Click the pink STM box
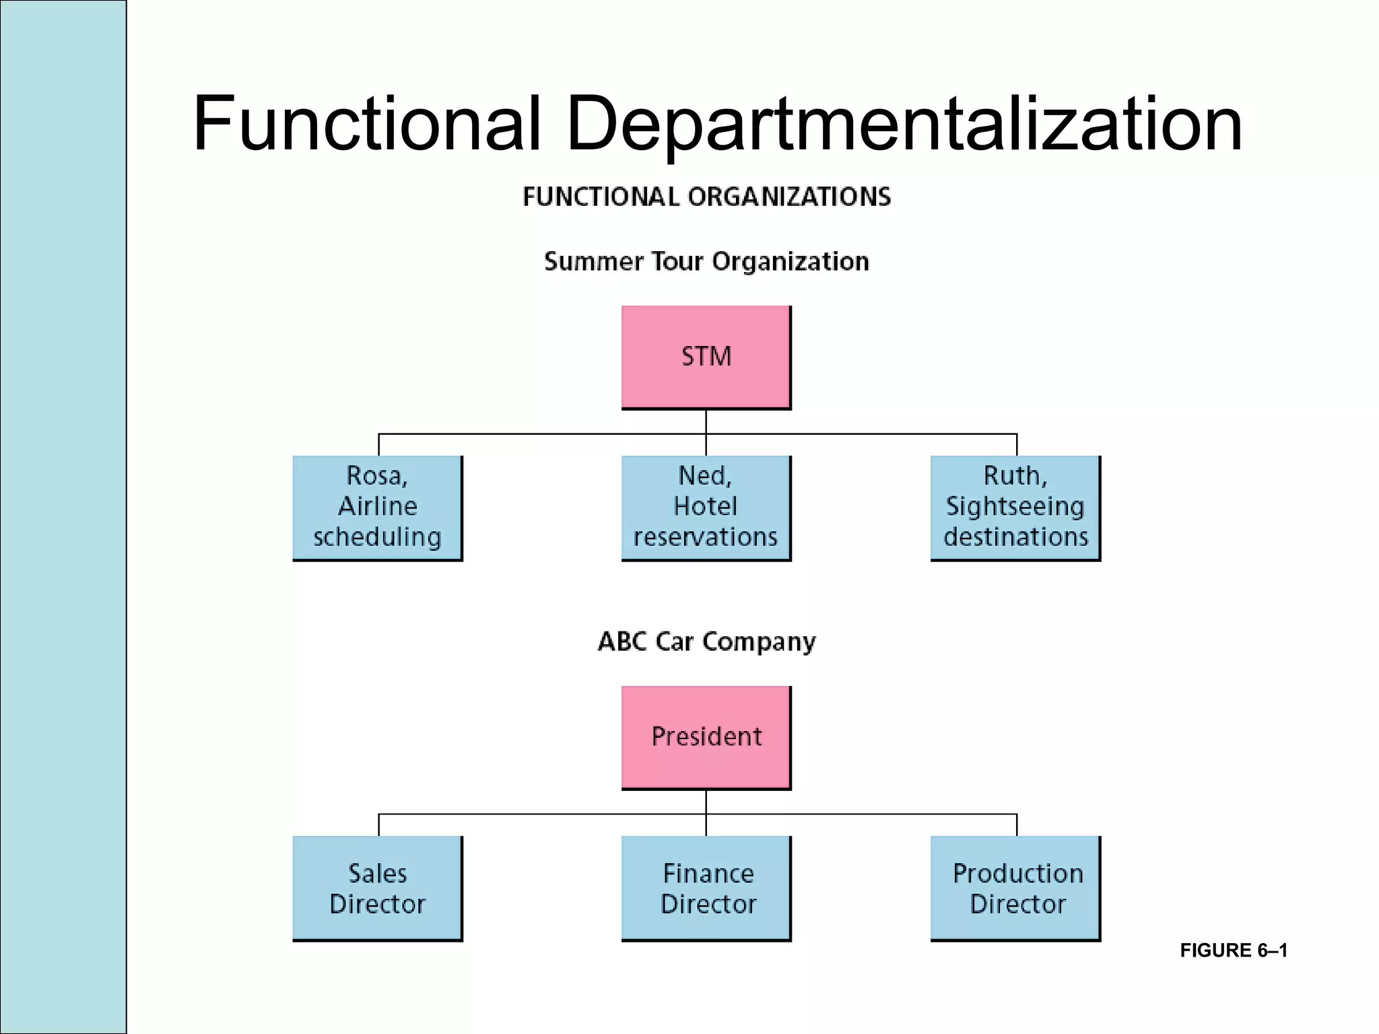706,357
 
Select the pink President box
706,737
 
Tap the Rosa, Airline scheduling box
377,508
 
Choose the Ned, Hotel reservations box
706,508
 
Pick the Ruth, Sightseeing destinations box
1015,508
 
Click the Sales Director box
377,888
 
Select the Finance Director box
706,888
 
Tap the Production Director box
1015,888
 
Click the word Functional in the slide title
367,125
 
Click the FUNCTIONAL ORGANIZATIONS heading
706,197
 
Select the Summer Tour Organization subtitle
706,261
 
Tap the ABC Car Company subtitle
706,642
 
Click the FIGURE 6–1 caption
1234,951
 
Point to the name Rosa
376,476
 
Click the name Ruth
1015,476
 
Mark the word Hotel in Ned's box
705,506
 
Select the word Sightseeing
1015,506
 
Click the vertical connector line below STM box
706,422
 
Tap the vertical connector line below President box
706,802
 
